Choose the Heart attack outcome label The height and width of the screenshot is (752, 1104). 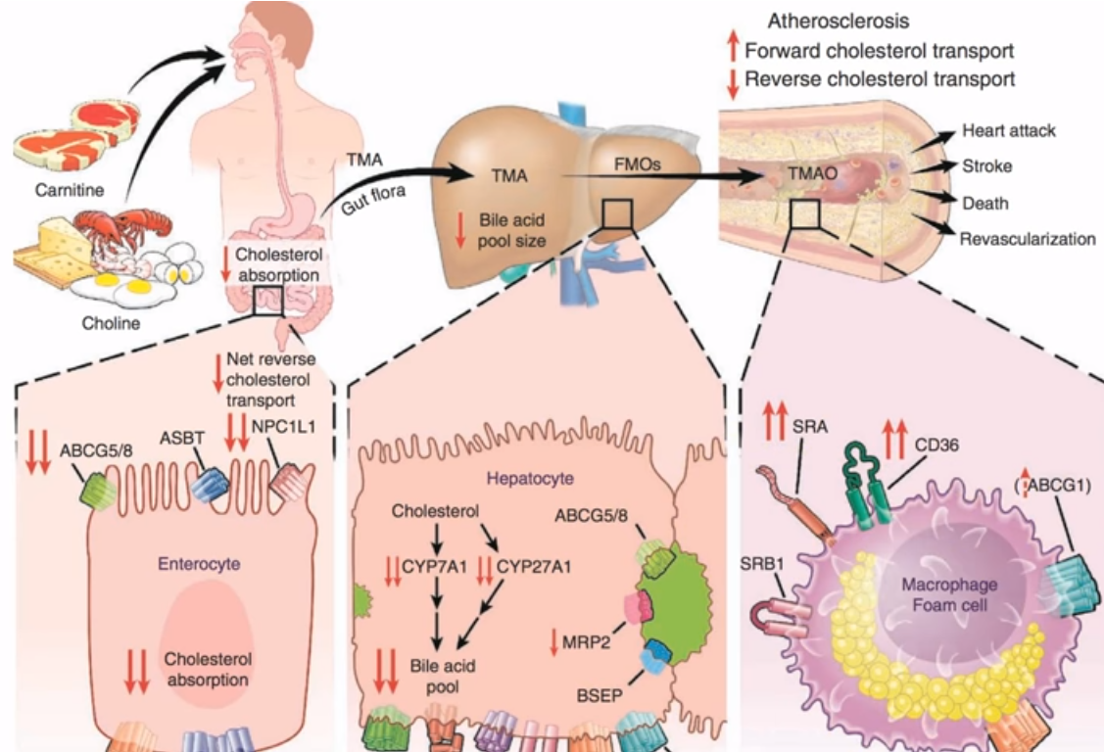click(1009, 130)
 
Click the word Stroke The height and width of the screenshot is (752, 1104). click(986, 166)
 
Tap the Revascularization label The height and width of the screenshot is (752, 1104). click(1028, 239)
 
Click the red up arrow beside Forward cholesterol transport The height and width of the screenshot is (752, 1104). click(731, 51)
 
